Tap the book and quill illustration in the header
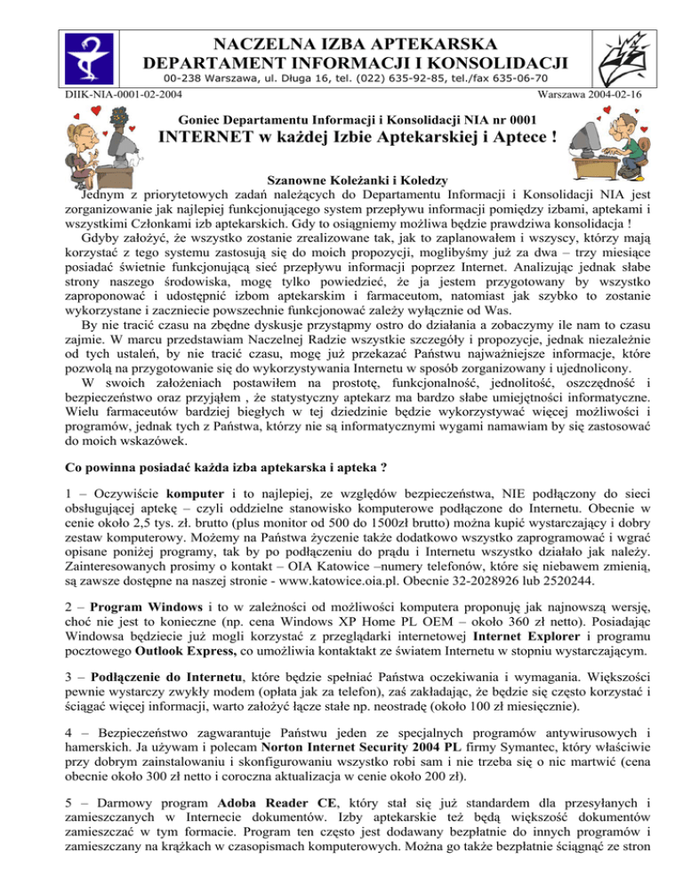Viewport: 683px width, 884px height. pos(628,52)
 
